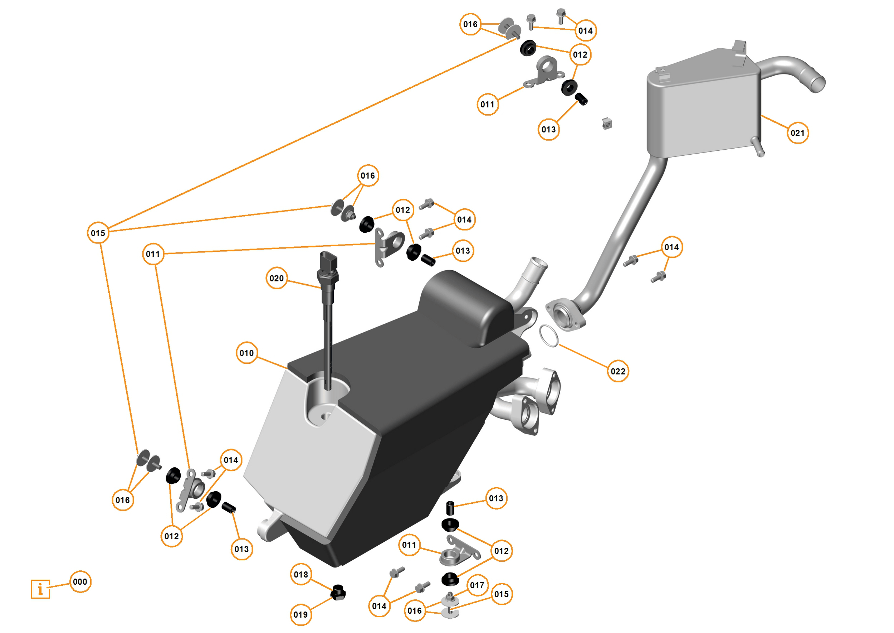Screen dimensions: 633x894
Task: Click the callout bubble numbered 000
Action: click(x=80, y=582)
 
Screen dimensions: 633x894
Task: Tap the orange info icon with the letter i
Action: click(x=40, y=589)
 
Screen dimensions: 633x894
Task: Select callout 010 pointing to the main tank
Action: click(x=246, y=353)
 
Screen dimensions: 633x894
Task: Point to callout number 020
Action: click(x=277, y=278)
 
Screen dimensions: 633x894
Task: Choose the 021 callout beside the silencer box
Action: click(x=797, y=133)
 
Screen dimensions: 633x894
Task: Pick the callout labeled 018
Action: click(x=301, y=575)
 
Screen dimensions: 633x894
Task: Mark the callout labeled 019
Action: click(x=301, y=615)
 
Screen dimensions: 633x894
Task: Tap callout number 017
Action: click(x=477, y=585)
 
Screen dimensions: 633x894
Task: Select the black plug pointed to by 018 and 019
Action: click(x=338, y=593)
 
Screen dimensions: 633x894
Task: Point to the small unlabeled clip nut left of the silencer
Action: click(x=607, y=124)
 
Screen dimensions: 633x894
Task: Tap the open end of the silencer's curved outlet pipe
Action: click(x=818, y=84)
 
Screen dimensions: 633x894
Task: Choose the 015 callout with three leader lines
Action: click(x=98, y=233)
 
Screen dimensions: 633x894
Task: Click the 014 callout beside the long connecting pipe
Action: click(x=672, y=247)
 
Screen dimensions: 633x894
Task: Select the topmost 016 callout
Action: click(x=470, y=24)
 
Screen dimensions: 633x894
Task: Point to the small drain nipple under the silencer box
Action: click(x=759, y=148)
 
